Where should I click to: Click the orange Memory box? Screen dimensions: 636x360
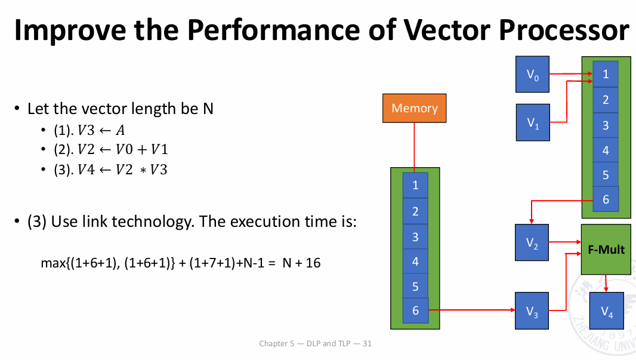(x=414, y=109)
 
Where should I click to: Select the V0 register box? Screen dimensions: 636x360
(x=532, y=74)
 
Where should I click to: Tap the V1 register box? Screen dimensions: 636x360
(x=533, y=122)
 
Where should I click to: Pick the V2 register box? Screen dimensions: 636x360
(x=532, y=243)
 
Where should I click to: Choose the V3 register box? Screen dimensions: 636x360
(x=532, y=310)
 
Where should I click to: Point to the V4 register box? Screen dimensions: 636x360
(x=606, y=310)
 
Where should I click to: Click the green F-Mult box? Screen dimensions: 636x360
(x=606, y=250)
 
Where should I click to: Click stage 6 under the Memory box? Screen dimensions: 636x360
(x=415, y=310)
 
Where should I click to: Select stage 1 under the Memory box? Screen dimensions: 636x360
(x=415, y=186)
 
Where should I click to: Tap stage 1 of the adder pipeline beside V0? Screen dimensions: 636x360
(x=606, y=74)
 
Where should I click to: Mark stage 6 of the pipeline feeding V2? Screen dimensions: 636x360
(x=606, y=199)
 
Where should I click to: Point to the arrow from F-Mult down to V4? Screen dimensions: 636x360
(x=606, y=284)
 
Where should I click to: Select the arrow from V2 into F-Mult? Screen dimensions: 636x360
(x=565, y=242)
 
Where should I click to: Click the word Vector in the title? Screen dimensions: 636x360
(x=447, y=30)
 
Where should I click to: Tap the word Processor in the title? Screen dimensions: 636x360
(x=564, y=30)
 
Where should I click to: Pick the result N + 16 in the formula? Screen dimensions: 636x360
(x=301, y=263)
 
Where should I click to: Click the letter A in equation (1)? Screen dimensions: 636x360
(x=120, y=130)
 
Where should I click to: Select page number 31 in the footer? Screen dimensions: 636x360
(x=367, y=343)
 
